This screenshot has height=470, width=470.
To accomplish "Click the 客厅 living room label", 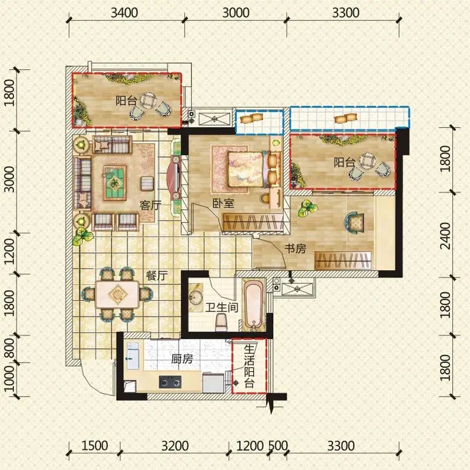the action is [x=150, y=205].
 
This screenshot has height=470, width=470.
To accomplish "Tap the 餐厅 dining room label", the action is [x=157, y=276].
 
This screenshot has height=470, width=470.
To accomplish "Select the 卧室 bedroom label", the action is [x=223, y=203].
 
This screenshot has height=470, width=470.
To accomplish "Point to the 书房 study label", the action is [x=296, y=248].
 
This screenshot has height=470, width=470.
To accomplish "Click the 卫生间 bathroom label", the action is [x=222, y=307].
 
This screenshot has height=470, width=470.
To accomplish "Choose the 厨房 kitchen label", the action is [x=182, y=359].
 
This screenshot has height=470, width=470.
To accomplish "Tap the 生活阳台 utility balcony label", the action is [x=249, y=366].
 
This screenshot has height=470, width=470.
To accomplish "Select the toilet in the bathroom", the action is [x=221, y=323].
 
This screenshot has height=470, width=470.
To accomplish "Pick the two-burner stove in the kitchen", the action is [x=170, y=382].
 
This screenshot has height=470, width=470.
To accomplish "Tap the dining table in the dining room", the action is [x=117, y=294].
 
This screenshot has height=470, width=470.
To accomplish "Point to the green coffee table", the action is [x=115, y=183].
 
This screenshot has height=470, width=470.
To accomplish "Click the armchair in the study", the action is [x=355, y=223].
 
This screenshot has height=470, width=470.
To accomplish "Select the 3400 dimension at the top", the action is [x=124, y=13].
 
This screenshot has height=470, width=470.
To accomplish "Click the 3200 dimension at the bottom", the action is [x=175, y=446].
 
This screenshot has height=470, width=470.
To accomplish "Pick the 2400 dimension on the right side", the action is [x=445, y=236].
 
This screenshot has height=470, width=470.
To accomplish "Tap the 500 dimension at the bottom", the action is [x=278, y=446].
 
